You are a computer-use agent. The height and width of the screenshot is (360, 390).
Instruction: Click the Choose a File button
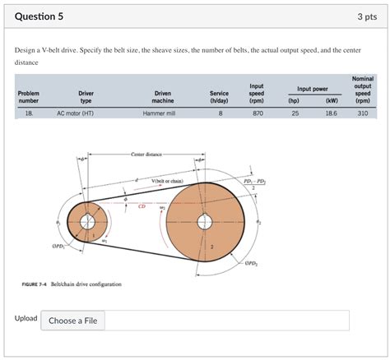point(73,321)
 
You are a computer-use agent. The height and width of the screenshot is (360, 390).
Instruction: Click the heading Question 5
point(39,16)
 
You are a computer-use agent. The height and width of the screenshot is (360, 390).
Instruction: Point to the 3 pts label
point(366,16)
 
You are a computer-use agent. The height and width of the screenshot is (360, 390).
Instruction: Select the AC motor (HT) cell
point(75,114)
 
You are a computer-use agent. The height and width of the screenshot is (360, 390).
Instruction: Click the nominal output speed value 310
point(362,114)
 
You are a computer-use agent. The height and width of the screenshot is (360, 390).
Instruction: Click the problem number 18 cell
point(28,114)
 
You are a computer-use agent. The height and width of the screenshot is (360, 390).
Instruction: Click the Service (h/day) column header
point(213,97)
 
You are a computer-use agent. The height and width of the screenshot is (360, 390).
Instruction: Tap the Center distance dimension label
point(146,154)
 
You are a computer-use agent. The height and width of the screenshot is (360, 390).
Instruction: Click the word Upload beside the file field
point(26,318)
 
